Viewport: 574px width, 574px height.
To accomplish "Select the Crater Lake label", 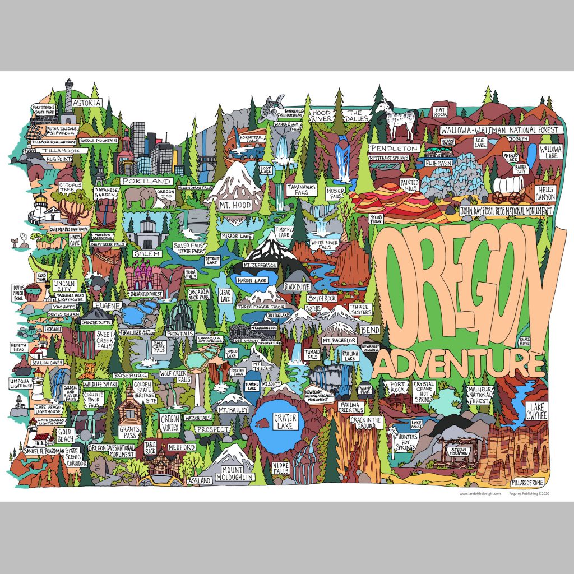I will point(284,422).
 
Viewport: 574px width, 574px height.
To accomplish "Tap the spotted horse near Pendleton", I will point(395,119).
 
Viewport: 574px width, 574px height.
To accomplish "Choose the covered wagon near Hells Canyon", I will point(508,191).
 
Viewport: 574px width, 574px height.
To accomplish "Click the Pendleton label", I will point(394,149).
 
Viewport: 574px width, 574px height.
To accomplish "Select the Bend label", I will point(369,330).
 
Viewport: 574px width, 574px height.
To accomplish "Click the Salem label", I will point(147,253).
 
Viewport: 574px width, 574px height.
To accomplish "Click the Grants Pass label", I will point(129,432).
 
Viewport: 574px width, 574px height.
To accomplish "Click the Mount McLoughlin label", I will point(233,473).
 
